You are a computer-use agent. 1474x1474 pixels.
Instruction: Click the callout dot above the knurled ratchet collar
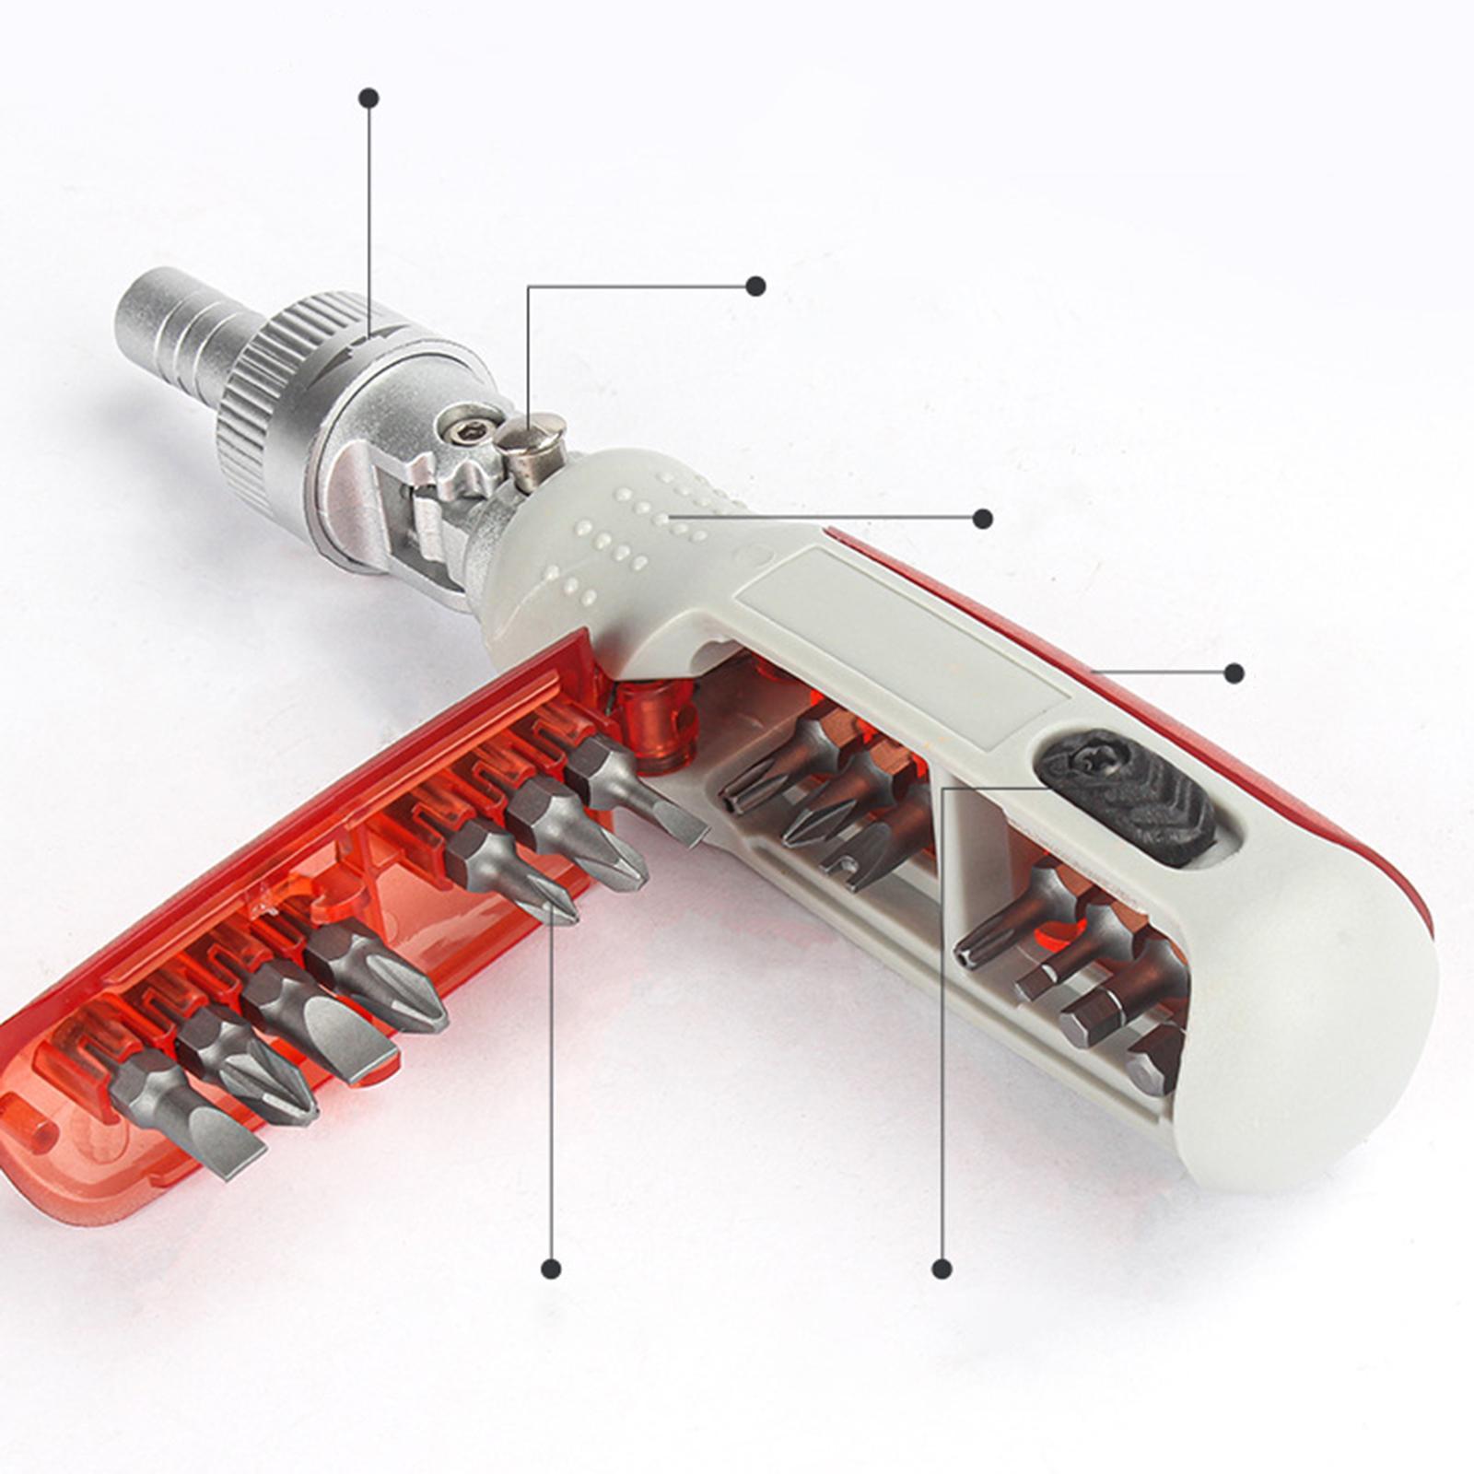click(369, 98)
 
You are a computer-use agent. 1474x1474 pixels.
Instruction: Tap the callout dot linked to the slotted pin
click(756, 286)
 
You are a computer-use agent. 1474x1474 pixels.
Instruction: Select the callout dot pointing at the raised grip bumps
click(983, 519)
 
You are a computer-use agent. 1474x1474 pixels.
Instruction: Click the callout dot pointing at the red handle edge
click(1234, 673)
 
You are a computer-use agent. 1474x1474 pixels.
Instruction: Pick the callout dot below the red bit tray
click(551, 1269)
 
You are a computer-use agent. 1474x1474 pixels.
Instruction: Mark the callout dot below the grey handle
click(941, 1269)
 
